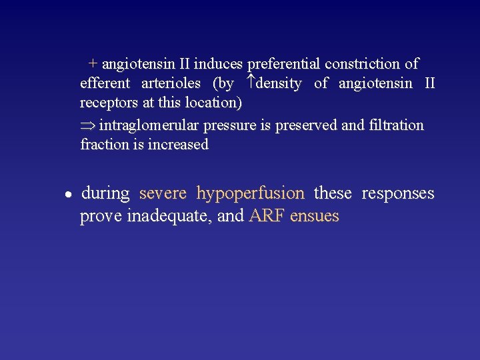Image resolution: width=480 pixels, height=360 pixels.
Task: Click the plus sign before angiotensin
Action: point(93,64)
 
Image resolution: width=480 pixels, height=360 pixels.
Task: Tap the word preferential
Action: point(283,64)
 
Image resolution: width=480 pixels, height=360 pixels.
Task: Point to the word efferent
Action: point(104,84)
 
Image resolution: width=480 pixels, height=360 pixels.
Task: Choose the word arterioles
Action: point(171,84)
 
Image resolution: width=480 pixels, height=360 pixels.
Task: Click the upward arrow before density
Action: point(251,83)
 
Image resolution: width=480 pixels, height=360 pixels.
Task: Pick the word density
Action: point(279,84)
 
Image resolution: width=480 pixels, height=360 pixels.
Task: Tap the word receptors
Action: point(109,104)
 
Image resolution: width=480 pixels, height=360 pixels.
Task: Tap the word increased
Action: point(178,145)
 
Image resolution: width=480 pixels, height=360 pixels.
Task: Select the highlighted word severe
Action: point(163,194)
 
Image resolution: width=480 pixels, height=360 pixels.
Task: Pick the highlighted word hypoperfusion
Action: point(250,194)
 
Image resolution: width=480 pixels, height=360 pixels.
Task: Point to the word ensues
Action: point(315,217)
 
